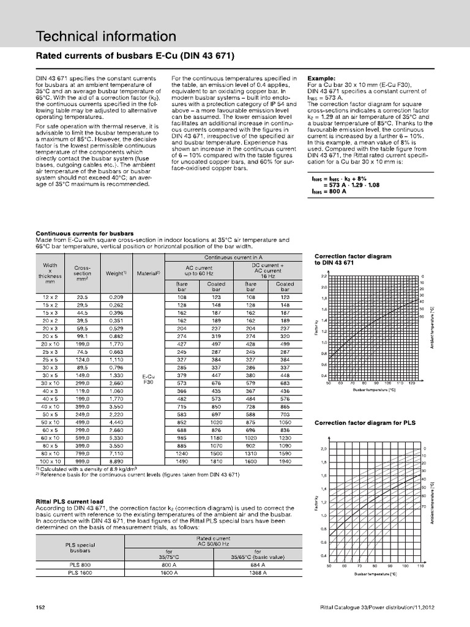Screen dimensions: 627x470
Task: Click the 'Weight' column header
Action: point(116,273)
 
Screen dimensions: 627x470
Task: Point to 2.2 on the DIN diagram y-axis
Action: point(324,276)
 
